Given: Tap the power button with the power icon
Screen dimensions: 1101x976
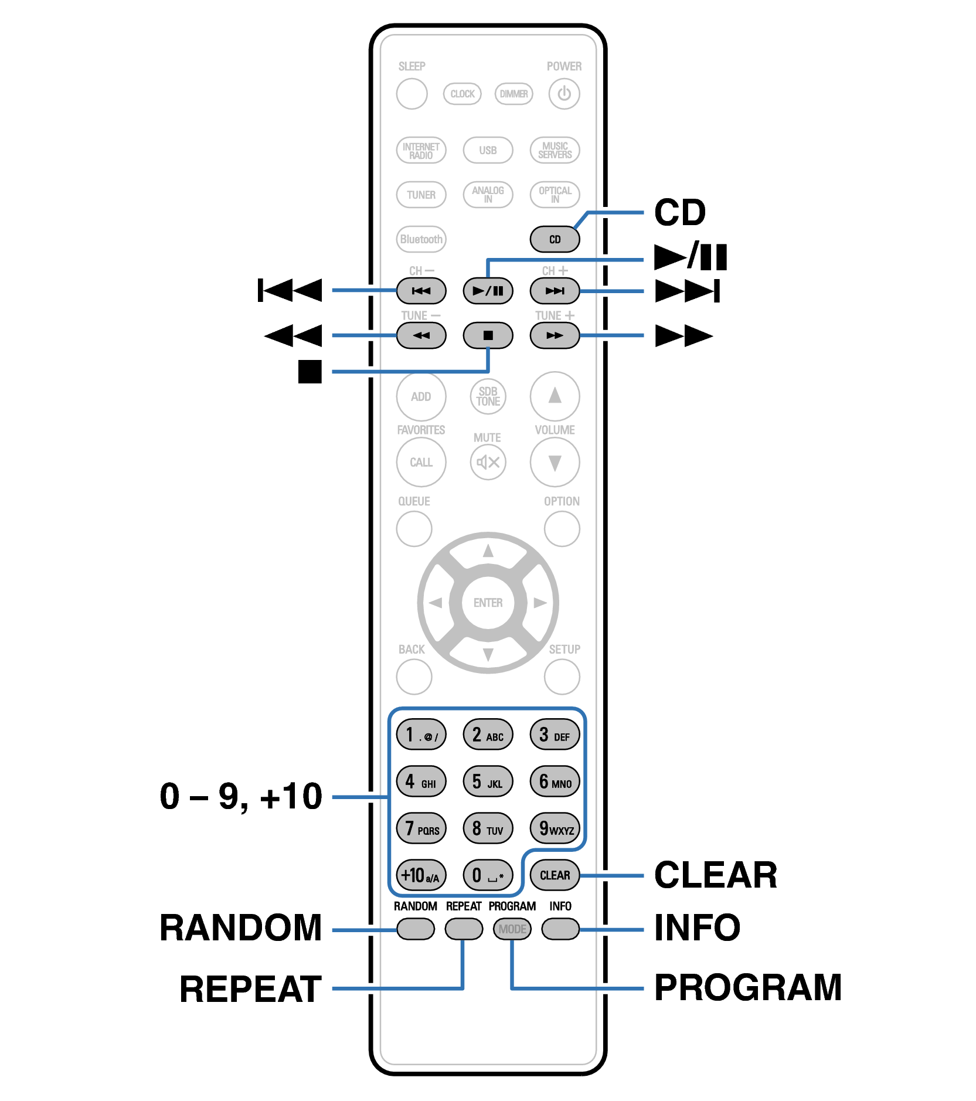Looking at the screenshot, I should pyautogui.click(x=564, y=94).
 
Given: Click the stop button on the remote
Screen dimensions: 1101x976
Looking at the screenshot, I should pyautogui.click(x=488, y=335).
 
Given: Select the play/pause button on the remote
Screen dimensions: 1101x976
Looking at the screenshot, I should pyautogui.click(x=488, y=291).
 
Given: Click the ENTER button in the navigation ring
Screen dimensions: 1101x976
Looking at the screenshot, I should pyautogui.click(x=488, y=603).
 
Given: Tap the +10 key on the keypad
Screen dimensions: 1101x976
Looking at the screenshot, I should pyautogui.click(x=421, y=875).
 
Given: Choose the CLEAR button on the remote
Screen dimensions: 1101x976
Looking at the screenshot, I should pyautogui.click(x=555, y=875).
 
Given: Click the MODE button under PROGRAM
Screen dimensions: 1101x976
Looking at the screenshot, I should pyautogui.click(x=512, y=929).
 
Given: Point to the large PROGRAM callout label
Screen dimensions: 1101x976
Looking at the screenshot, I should pyautogui.click(x=747, y=987).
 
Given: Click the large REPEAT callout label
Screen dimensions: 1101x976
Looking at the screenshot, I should pyautogui.click(x=250, y=990).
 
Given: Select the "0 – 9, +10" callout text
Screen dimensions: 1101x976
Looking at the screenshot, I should pyautogui.click(x=241, y=797).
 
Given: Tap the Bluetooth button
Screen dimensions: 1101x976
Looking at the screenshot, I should pyautogui.click(x=421, y=239).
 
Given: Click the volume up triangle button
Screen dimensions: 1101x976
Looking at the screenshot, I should pyautogui.click(x=555, y=396).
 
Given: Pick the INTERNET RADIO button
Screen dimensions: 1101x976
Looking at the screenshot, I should pyautogui.click(x=421, y=150).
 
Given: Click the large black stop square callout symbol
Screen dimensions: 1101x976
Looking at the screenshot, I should pyautogui.click(x=310, y=371).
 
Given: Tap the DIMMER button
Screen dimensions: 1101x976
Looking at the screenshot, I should pyautogui.click(x=513, y=94).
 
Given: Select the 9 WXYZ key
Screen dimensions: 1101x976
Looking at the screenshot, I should pyautogui.click(x=555, y=828).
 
